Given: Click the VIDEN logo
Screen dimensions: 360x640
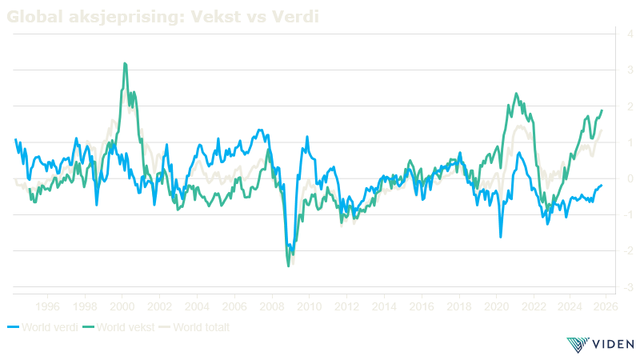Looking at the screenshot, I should (600, 345).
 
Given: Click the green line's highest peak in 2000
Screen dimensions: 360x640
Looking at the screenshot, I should (125, 63).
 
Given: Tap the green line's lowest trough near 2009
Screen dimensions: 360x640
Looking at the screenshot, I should (289, 266).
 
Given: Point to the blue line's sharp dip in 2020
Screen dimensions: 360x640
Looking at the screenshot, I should (501, 237).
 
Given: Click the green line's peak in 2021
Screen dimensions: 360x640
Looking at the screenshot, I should (515, 94).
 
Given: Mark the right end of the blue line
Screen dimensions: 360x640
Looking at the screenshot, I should (602, 185).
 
